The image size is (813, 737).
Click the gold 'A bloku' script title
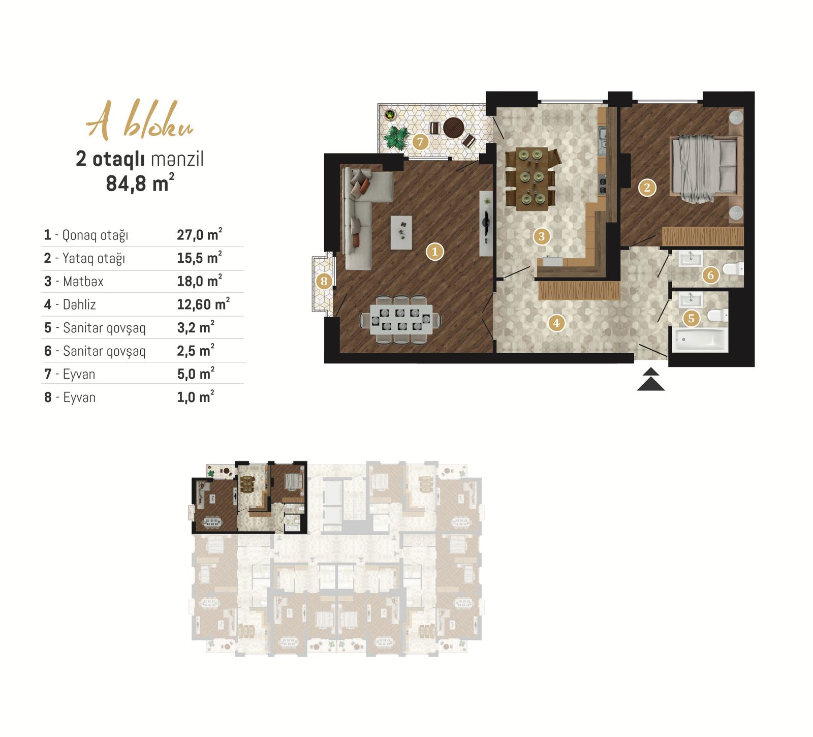tap(140, 120)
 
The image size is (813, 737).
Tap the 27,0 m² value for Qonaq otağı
tap(199, 234)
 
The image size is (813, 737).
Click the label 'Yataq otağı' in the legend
tap(93, 258)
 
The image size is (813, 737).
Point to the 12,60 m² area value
tap(203, 304)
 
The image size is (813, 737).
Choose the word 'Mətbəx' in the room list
tap(83, 281)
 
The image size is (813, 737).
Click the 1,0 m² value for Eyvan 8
tap(196, 396)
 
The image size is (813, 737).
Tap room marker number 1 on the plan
tap(434, 251)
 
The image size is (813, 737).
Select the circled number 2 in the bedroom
tap(647, 188)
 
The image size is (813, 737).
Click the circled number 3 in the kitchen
tap(542, 236)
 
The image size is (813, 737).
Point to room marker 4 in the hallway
tap(556, 323)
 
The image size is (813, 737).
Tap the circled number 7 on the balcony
tap(420, 142)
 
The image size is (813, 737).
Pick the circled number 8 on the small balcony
tap(324, 281)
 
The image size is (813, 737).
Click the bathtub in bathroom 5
tap(700, 340)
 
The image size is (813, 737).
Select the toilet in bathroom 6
tap(733, 268)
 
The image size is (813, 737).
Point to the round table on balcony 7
tap(453, 128)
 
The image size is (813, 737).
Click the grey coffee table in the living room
tap(401, 232)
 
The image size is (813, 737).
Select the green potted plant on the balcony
tap(396, 137)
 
